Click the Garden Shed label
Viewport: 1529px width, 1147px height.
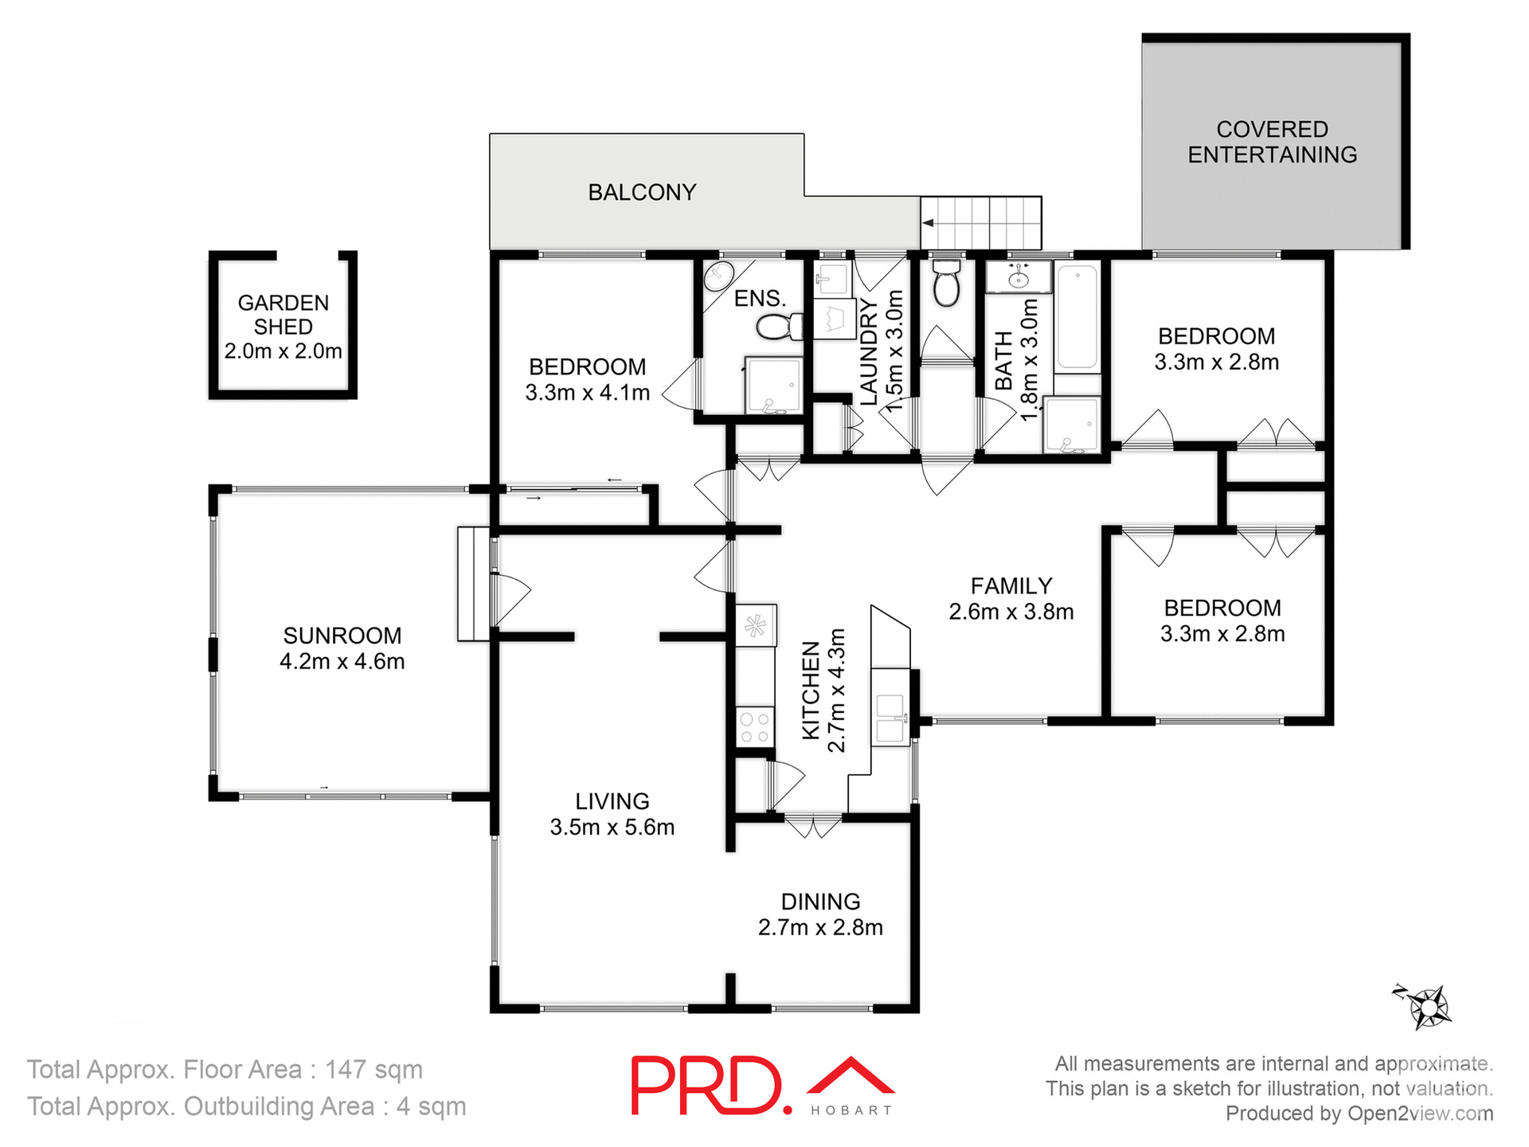point(283,315)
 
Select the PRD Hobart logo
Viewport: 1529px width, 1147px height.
point(762,1085)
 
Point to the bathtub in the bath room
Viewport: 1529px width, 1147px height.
point(1077,317)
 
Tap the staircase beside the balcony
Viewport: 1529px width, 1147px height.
point(982,223)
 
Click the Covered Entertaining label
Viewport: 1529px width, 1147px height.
point(1272,142)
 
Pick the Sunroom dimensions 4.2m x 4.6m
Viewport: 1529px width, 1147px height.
point(342,662)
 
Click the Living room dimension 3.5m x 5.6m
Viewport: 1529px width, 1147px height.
point(612,828)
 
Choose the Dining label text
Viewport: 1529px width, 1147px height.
point(820,902)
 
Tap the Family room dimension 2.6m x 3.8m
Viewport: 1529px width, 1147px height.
point(1011,612)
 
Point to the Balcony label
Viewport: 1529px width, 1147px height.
point(642,192)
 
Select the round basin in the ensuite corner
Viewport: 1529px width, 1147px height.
point(718,276)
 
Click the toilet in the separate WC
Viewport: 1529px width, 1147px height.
point(946,284)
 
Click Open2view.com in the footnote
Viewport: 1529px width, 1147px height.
point(1420,1114)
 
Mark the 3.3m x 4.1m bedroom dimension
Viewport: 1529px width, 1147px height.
point(587,393)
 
